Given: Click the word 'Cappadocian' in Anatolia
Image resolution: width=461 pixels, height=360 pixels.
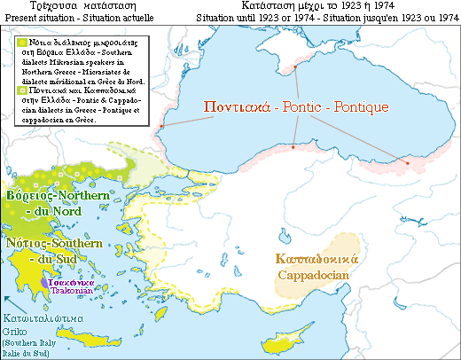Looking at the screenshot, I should pyautogui.click(x=315, y=275).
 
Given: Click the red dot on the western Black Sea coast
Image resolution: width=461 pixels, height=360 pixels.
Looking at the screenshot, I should pyautogui.click(x=160, y=128).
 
